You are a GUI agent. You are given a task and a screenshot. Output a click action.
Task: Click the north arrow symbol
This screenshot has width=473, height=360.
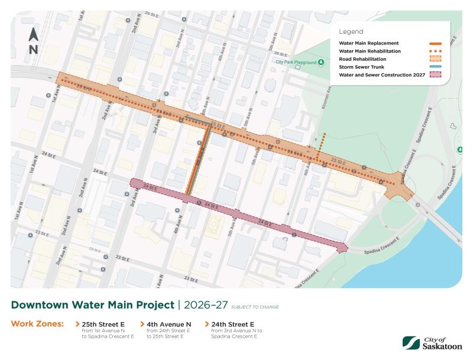coord(33,40)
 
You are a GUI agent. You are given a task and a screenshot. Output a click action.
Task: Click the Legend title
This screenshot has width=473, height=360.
coord(351,31)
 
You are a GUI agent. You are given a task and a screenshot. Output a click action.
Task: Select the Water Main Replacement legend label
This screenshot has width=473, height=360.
coord(369,43)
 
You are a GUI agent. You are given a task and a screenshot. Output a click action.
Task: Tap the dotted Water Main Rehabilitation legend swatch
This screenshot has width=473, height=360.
coord(435,51)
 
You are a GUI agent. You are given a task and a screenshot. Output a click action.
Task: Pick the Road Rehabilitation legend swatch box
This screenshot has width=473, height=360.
coord(435,59)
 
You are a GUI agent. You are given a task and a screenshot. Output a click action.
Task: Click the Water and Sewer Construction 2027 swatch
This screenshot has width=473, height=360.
coord(435,75)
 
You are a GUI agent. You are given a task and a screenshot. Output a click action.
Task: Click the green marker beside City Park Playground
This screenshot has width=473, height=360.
coord(320,61)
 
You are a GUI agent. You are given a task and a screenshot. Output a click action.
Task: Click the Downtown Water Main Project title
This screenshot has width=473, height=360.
coord(92,305)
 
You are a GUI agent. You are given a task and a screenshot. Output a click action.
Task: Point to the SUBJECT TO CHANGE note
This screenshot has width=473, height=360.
coord(255,307)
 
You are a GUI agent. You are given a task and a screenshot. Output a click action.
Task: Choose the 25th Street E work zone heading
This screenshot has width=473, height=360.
coord(103,324)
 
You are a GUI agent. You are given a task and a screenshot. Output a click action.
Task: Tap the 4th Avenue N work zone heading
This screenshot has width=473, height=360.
coord(169,324)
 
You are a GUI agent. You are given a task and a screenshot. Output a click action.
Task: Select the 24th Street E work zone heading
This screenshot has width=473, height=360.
coord(233,324)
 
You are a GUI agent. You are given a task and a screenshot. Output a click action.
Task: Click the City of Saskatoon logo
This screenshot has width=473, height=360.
coord(432,342)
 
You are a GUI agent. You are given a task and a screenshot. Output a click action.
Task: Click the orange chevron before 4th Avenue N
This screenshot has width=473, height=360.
coord(142,324)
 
